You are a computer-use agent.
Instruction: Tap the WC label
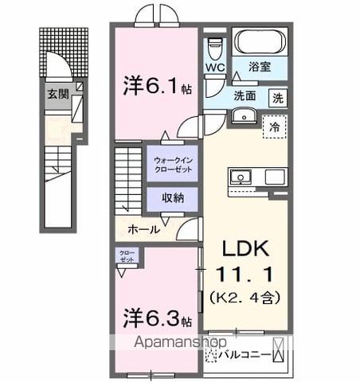pyautogui.click(x=214, y=68)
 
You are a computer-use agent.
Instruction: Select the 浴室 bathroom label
pyautogui.click(x=260, y=68)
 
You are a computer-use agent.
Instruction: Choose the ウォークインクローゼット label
pyautogui.click(x=173, y=163)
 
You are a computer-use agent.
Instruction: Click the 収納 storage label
pyautogui.click(x=173, y=197)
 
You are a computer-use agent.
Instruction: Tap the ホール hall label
pyautogui.click(x=143, y=229)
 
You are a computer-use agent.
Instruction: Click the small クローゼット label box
pyautogui.click(x=127, y=257)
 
